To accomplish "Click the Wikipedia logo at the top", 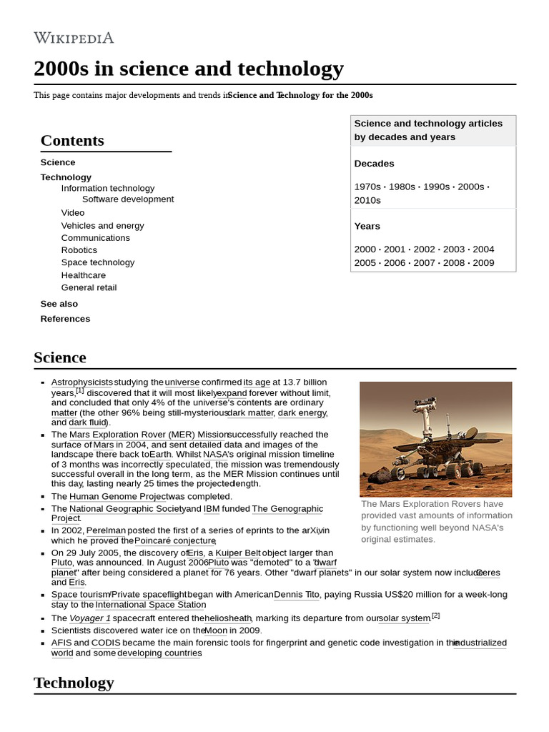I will pos(74,38).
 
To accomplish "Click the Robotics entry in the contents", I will pos(79,250).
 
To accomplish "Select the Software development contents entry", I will pos(127,199).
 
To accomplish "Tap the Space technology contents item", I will pos(97,262).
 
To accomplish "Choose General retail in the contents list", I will pos(89,287).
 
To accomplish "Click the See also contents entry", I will pos(59,304).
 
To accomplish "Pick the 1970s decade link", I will pos(367,187).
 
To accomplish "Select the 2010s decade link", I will pos(367,200).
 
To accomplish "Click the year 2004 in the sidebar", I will pos(483,249).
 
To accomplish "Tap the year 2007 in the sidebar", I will pos(424,263).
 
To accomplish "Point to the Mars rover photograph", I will pos(435,439).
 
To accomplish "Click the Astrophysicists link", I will pos(81,382).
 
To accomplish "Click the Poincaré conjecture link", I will pos(175,540).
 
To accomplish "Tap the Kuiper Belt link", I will pos(238,553).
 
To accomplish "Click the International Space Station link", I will pos(151,605).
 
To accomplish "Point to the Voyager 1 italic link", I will pos(90,618).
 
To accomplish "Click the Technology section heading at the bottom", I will pos(74,682).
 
